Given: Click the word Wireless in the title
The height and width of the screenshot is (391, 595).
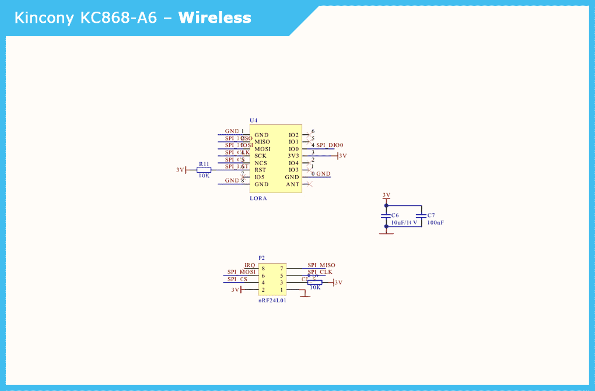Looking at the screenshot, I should click(215, 18).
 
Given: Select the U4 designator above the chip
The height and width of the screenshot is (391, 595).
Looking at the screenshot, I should click(253, 120).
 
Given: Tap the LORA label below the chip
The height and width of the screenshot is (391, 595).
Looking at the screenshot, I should click(258, 198).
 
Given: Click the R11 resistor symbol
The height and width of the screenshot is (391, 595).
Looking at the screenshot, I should click(204, 170).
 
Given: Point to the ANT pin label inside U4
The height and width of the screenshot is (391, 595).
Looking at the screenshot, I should click(292, 184).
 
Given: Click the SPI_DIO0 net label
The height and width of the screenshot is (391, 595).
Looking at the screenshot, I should click(330, 145).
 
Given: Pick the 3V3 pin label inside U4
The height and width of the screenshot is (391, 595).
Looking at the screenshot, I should click(293, 156).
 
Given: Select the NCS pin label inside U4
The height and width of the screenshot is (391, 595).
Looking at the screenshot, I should click(261, 163).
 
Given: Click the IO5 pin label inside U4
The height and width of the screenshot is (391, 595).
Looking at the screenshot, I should click(260, 177).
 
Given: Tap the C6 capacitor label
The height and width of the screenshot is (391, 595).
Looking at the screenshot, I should click(395, 215).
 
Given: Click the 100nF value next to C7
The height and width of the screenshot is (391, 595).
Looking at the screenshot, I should click(435, 222).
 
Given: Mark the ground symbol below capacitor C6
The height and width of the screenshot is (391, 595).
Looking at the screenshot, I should click(386, 232).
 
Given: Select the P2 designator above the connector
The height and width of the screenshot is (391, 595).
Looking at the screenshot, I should click(261, 257).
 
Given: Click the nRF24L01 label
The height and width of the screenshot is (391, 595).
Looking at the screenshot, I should click(272, 301).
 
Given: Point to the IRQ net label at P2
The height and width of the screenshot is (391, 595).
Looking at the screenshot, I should click(250, 266).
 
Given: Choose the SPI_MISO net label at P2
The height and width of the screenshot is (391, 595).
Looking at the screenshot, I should click(321, 266).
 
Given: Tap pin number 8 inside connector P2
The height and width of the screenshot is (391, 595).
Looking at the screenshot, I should click(263, 268).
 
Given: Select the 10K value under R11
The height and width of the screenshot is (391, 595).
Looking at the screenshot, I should click(204, 176).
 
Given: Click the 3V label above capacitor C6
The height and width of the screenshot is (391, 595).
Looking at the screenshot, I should click(386, 195).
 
